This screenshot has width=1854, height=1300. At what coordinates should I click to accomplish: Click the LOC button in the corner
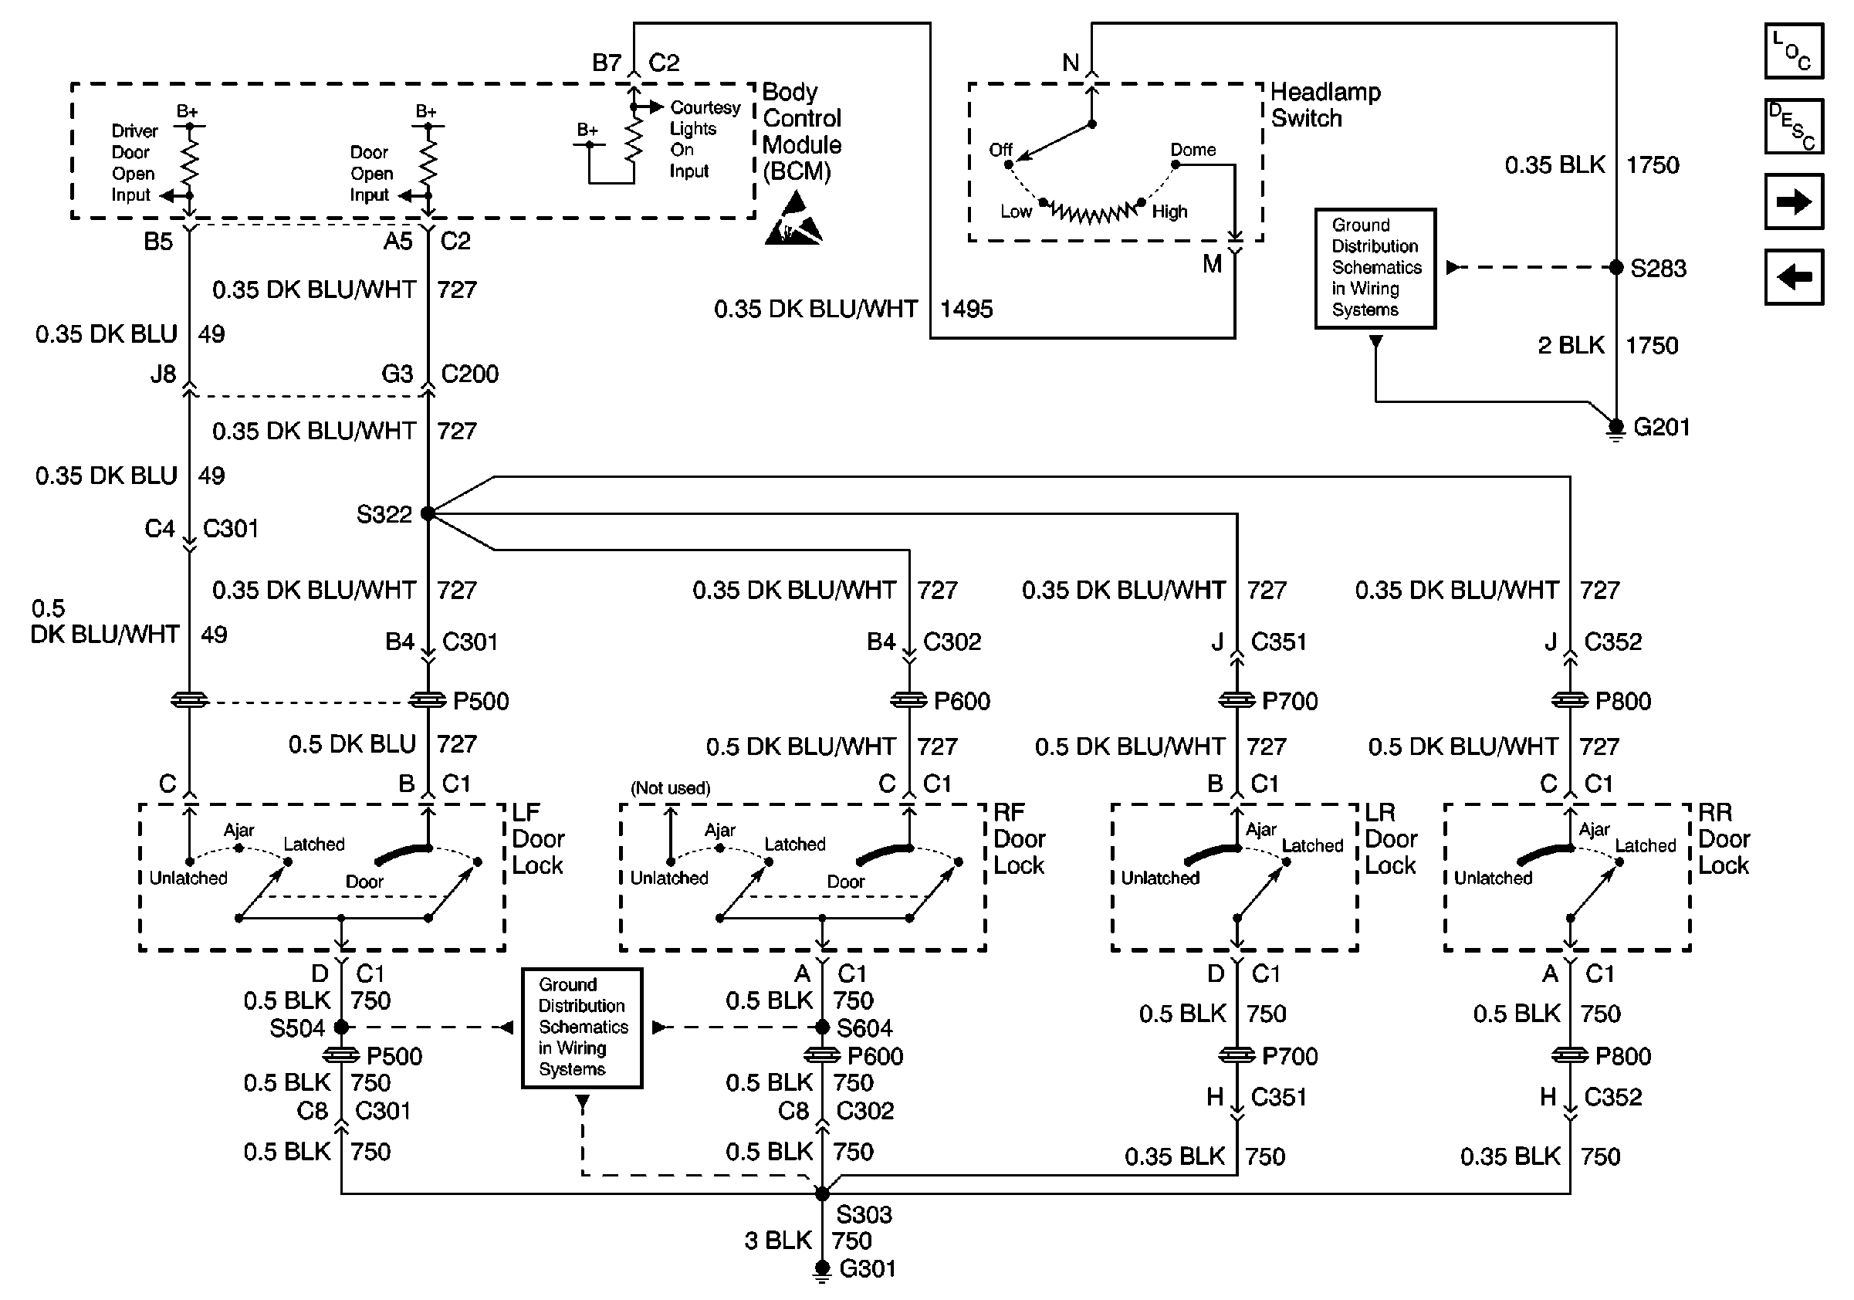[x=1794, y=52]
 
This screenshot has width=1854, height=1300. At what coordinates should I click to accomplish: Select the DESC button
[x=1794, y=127]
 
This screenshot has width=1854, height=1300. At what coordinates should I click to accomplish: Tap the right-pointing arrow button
[x=1794, y=201]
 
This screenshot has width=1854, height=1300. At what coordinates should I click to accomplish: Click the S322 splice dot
[x=428, y=513]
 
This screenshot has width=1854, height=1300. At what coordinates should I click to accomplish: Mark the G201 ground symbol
[x=1615, y=428]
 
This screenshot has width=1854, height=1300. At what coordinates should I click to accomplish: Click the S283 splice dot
[x=1615, y=267]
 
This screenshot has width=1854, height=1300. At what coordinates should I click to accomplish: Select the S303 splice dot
[x=822, y=1193]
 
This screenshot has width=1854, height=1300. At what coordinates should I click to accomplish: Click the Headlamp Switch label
[x=1325, y=105]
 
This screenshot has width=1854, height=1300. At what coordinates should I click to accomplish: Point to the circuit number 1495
[x=966, y=310]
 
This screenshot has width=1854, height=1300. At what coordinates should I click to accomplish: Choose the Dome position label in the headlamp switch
[x=1193, y=151]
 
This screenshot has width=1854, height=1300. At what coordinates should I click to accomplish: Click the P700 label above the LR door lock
[x=1290, y=701]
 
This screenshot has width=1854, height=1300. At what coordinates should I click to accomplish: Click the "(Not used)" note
[x=670, y=788]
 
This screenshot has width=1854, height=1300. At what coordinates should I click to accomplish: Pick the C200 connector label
[x=469, y=374]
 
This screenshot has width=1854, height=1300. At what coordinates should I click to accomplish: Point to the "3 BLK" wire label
[x=777, y=1241]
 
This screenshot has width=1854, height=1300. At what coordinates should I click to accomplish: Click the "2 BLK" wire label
[x=1571, y=346]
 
